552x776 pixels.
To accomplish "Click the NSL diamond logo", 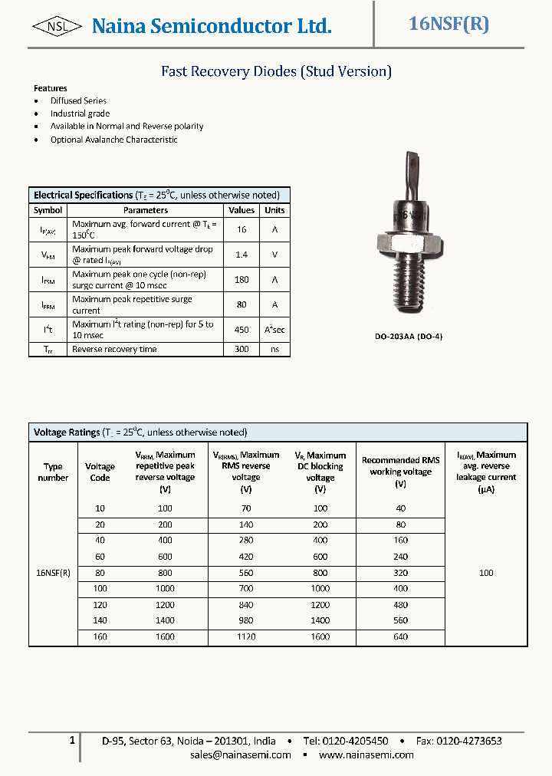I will (58, 27).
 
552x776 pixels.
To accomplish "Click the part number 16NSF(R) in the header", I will (449, 24).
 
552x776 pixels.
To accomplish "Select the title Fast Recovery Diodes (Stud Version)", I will (276, 71).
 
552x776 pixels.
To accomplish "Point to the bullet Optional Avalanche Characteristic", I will (113, 140).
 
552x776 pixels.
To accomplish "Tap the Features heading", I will (51, 88).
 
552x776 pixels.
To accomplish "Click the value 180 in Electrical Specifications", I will (242, 280).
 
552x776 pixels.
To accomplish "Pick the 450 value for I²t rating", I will (242, 330).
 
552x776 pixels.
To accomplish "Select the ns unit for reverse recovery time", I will (274, 349).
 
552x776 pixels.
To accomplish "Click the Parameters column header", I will (146, 210).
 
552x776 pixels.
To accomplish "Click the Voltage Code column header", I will (100, 472).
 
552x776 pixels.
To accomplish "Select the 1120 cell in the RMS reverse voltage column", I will (245, 636).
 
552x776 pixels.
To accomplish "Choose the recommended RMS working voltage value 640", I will (400, 636).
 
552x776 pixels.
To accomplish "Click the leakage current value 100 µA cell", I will (486, 573).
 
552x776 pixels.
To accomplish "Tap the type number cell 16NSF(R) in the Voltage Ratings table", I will (53, 573).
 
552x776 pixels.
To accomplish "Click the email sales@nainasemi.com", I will (241, 755).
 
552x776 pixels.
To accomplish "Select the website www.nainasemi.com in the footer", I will (366, 755).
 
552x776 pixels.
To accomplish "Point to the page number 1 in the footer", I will (72, 741).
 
